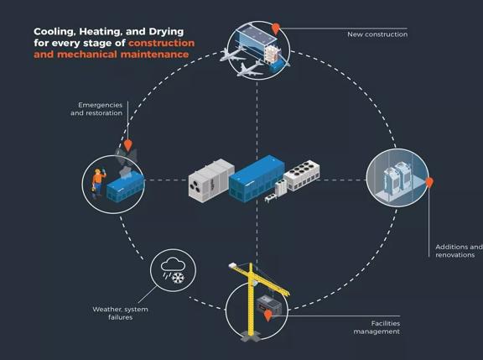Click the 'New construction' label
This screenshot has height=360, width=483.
377,34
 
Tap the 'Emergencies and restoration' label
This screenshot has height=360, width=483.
96,109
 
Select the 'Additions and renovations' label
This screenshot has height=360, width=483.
459,251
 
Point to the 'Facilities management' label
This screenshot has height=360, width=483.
377,327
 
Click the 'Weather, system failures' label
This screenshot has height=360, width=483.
120,313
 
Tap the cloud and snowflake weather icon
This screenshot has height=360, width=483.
173,270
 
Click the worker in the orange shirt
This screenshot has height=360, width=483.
98,183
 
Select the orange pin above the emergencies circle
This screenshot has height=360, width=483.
127,145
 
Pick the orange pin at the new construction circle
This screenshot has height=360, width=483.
276,29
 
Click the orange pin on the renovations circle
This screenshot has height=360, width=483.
429,183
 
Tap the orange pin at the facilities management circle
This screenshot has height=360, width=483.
268,316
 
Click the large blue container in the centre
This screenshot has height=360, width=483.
257,179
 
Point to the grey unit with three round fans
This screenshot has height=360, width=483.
211,180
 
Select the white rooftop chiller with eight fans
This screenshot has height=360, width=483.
302,175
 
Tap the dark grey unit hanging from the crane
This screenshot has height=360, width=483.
268,305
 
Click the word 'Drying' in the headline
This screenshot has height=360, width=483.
166,32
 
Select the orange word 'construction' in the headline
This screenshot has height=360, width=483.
161,43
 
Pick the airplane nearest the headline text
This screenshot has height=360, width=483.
232,55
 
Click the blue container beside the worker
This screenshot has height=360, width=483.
125,187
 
